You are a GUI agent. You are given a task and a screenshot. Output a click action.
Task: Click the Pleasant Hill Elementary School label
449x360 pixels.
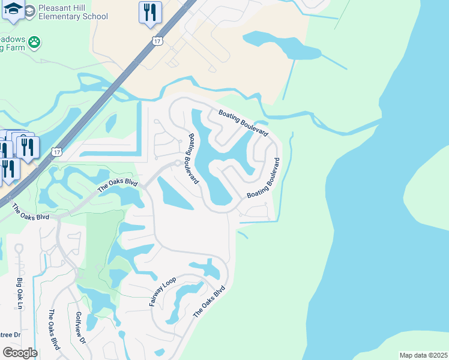pos(73,13)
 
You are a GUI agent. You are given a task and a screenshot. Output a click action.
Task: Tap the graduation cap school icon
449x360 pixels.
pos(13,9)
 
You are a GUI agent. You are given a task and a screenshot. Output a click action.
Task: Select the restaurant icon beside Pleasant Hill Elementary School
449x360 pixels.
pos(149,13)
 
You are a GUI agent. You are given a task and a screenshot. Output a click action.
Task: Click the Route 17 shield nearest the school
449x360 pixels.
pos(157,41)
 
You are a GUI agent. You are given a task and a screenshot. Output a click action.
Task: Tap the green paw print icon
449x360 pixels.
pos(35,43)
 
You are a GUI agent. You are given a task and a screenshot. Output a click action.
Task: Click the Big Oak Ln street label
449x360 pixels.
pos(20,293)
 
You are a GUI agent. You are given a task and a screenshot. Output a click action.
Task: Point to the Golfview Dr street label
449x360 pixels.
pos(79,327)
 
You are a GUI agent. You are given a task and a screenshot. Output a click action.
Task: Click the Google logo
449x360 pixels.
pos(19,353)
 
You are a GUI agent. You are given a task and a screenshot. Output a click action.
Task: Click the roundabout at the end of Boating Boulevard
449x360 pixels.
pos(178,163)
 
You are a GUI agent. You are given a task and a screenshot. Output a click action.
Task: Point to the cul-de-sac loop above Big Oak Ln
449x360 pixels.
pos(19,248)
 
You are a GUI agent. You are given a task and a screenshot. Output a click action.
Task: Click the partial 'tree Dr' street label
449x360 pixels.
pos(10,335)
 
